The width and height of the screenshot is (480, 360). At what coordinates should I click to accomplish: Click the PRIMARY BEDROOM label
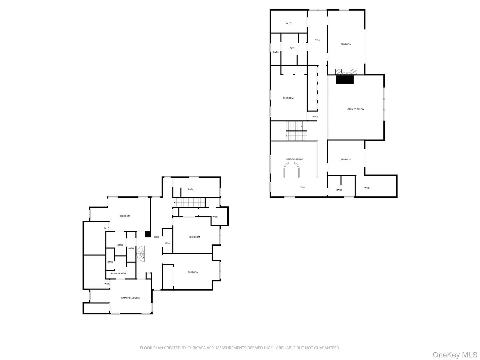pyautogui.click(x=130, y=298)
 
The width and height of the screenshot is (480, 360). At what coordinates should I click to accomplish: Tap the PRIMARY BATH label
pyautogui.click(x=118, y=274)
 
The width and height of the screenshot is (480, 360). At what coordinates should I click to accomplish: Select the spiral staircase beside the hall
pyautogui.click(x=142, y=253)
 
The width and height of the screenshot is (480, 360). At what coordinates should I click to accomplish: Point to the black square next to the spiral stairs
pyautogui.click(x=148, y=234)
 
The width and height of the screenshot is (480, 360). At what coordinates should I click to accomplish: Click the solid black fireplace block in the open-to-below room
pyautogui.click(x=345, y=80)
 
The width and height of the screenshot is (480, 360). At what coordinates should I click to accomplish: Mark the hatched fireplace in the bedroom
pyautogui.click(x=346, y=71)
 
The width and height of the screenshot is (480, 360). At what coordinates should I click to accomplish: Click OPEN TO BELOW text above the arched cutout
pyautogui.click(x=294, y=159)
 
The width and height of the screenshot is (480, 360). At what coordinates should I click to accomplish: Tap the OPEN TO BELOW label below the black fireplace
pyautogui.click(x=356, y=109)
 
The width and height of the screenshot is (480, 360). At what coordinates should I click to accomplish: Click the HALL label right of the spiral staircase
pyautogui.click(x=156, y=237)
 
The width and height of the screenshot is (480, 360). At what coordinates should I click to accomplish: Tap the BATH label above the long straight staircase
pyautogui.click(x=191, y=189)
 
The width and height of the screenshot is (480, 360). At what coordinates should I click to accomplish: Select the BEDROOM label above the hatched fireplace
pyautogui.click(x=346, y=44)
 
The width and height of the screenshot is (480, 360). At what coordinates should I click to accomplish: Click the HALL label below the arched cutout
pyautogui.click(x=302, y=187)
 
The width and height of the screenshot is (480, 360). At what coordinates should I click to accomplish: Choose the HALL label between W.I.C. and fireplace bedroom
pyautogui.click(x=317, y=40)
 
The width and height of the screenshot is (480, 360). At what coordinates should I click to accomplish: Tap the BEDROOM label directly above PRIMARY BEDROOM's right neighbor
pyautogui.click(x=194, y=237)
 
